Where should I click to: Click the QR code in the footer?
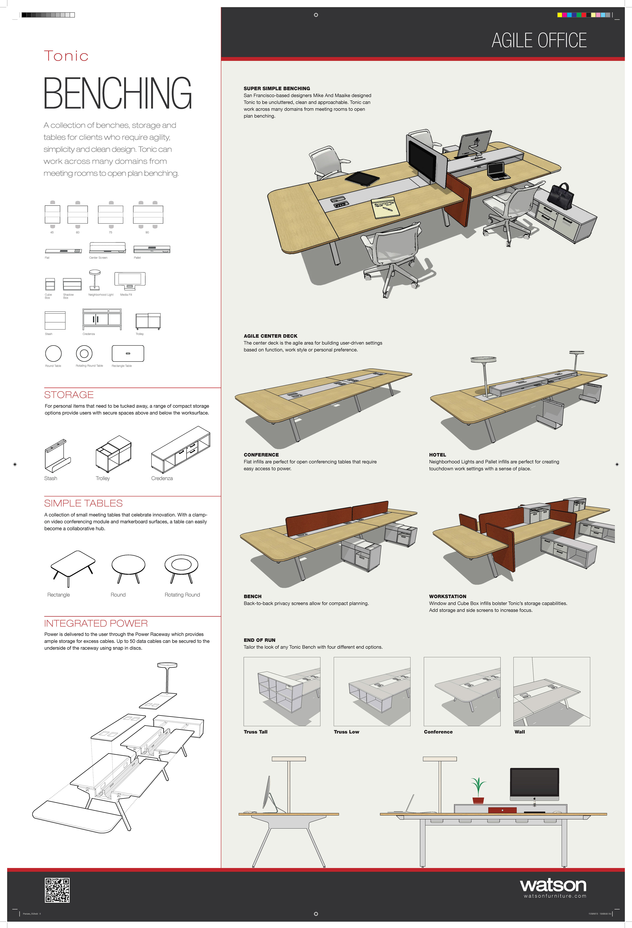57,890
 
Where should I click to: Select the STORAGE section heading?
69,395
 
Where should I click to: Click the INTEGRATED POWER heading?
96,623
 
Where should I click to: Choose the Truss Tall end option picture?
282,691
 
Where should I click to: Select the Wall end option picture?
551,691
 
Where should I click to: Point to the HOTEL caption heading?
437,455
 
